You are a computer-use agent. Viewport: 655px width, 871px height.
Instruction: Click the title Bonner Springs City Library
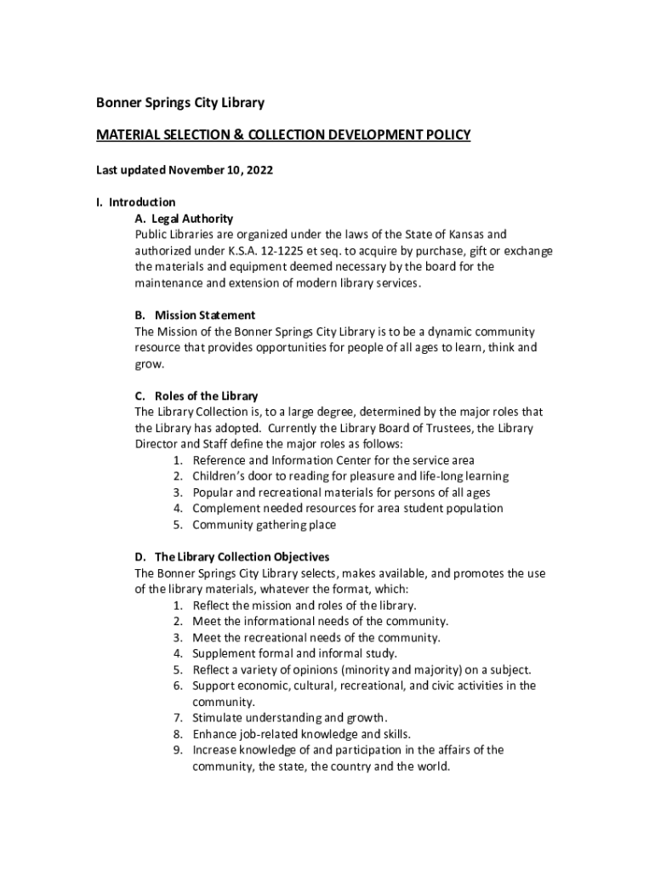point(179,103)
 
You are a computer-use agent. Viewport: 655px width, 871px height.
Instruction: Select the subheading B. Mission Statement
point(195,315)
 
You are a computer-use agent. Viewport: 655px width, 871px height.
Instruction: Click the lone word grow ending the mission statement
point(148,364)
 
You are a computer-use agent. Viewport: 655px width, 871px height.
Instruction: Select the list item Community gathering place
point(264,525)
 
